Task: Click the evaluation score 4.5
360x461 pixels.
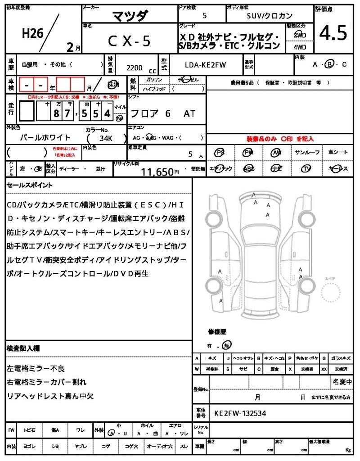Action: (x=333, y=33)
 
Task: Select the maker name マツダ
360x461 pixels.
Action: (x=129, y=16)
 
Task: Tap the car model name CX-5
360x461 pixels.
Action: (x=129, y=41)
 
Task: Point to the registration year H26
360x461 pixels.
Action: (x=32, y=33)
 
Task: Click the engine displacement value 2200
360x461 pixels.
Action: (x=135, y=68)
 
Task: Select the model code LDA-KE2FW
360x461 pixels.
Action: (x=206, y=65)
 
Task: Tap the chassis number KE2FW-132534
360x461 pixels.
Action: (x=240, y=413)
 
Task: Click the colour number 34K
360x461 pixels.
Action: (x=106, y=138)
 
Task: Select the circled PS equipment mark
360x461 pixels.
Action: (x=220, y=153)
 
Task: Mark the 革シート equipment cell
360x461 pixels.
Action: (x=338, y=153)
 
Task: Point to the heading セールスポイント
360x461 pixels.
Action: (x=30, y=185)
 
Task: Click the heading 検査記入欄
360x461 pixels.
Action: (x=23, y=348)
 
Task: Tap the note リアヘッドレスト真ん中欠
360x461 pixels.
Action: (x=50, y=396)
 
